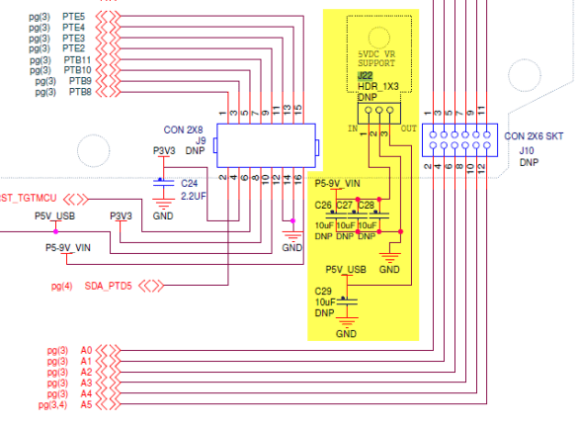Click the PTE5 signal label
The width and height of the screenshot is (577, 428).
coord(75,17)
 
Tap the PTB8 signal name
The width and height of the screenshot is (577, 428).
coord(80,92)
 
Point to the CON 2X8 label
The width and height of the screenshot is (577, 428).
coord(185,128)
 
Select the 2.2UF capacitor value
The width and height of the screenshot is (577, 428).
coord(194,196)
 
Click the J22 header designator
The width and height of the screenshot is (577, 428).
coord(365,75)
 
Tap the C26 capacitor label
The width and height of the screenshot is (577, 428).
coord(323,205)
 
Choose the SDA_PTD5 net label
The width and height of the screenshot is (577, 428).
coord(109,287)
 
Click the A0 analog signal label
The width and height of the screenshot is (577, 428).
coord(86,350)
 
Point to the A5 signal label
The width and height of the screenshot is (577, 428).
coord(86,404)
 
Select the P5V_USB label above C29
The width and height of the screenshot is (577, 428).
coord(346,269)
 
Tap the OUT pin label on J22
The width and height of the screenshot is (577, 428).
coord(407,128)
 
